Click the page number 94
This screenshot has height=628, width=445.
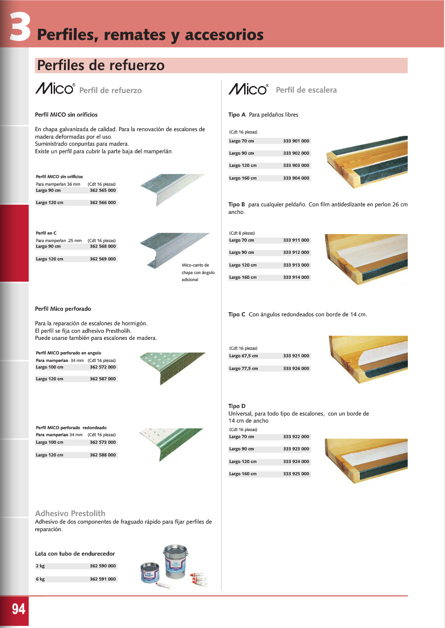point(18,609)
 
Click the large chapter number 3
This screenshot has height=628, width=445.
point(20,27)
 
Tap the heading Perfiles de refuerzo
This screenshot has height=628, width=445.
point(101,65)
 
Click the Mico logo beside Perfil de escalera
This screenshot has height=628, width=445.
point(248,89)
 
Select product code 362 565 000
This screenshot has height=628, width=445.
point(103,190)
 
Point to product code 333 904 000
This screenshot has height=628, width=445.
point(296,178)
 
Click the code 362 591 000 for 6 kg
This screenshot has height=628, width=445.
point(103,579)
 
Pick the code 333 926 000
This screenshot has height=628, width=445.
point(296,369)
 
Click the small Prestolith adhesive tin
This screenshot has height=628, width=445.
point(150,573)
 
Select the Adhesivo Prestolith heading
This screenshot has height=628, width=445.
point(70,513)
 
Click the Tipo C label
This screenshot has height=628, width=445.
point(237,314)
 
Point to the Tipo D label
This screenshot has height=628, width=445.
point(237,406)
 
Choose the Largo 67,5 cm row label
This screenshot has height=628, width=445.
point(243,356)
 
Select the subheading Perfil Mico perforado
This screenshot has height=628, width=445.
point(63,309)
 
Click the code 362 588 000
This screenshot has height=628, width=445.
point(103,455)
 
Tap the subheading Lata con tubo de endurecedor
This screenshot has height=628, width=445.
point(75,554)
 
